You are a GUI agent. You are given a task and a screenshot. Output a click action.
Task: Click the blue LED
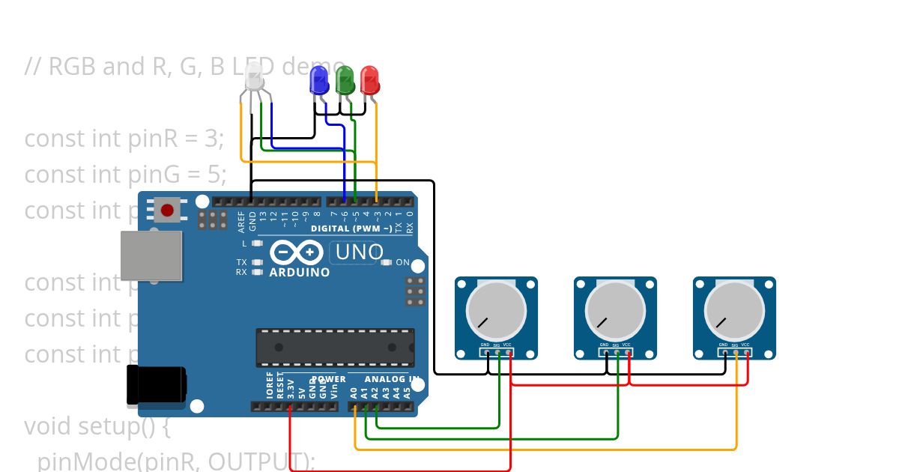point(319,79)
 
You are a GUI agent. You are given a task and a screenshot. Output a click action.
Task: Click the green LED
point(345,79)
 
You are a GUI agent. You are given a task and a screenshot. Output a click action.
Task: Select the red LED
point(369,79)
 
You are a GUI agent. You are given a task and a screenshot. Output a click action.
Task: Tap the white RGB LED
point(254,77)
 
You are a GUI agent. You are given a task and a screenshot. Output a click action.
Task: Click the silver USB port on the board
point(152,255)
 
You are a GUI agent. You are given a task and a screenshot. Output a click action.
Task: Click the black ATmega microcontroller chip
point(335,348)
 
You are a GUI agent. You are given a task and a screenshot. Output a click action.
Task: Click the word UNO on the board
point(360,252)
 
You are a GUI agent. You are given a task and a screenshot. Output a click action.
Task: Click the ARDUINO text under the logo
point(299,273)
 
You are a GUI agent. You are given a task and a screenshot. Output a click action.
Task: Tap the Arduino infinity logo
point(297,252)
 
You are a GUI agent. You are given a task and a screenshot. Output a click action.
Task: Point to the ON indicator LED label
point(402,263)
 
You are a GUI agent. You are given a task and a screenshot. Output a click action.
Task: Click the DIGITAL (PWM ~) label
point(351,229)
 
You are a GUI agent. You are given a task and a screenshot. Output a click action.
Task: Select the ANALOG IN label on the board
point(389,379)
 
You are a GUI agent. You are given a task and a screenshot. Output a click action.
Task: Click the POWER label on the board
point(328,379)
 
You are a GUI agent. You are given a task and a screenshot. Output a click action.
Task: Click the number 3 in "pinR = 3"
point(211,139)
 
